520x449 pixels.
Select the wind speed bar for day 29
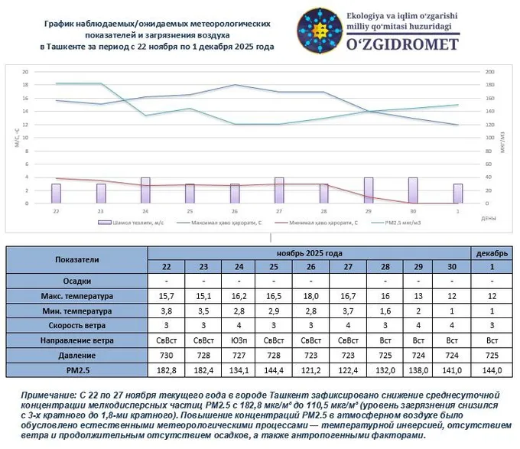tap(369, 190)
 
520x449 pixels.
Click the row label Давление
tap(77, 355)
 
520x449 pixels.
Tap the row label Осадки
tap(77, 281)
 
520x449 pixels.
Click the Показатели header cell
tap(77, 259)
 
